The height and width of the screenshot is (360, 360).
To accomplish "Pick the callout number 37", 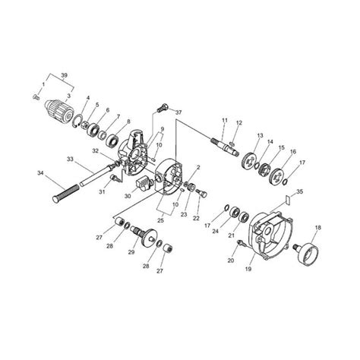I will coord(179,112).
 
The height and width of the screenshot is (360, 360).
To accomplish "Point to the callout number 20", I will coord(230,260).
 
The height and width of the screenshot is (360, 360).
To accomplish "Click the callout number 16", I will coord(293,152).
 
